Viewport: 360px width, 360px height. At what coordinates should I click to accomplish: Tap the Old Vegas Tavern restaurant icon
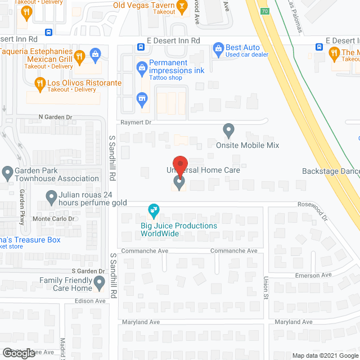(182, 7)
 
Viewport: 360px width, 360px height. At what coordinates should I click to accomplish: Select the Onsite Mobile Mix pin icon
(228, 130)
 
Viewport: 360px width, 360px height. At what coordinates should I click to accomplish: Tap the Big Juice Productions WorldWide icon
(153, 211)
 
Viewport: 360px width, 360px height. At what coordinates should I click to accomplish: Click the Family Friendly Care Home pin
(100, 285)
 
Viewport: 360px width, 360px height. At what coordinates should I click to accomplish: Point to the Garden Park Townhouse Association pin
(8, 173)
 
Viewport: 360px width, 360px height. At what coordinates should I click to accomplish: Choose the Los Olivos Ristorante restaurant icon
(40, 84)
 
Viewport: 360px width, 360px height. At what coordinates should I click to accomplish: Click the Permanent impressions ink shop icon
(142, 68)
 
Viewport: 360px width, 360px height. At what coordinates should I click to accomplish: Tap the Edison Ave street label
(91, 301)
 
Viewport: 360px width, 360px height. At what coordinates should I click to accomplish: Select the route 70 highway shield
(264, 11)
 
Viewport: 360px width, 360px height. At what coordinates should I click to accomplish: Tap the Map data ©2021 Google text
(325, 355)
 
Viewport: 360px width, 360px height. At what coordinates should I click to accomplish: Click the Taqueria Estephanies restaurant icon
(79, 56)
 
